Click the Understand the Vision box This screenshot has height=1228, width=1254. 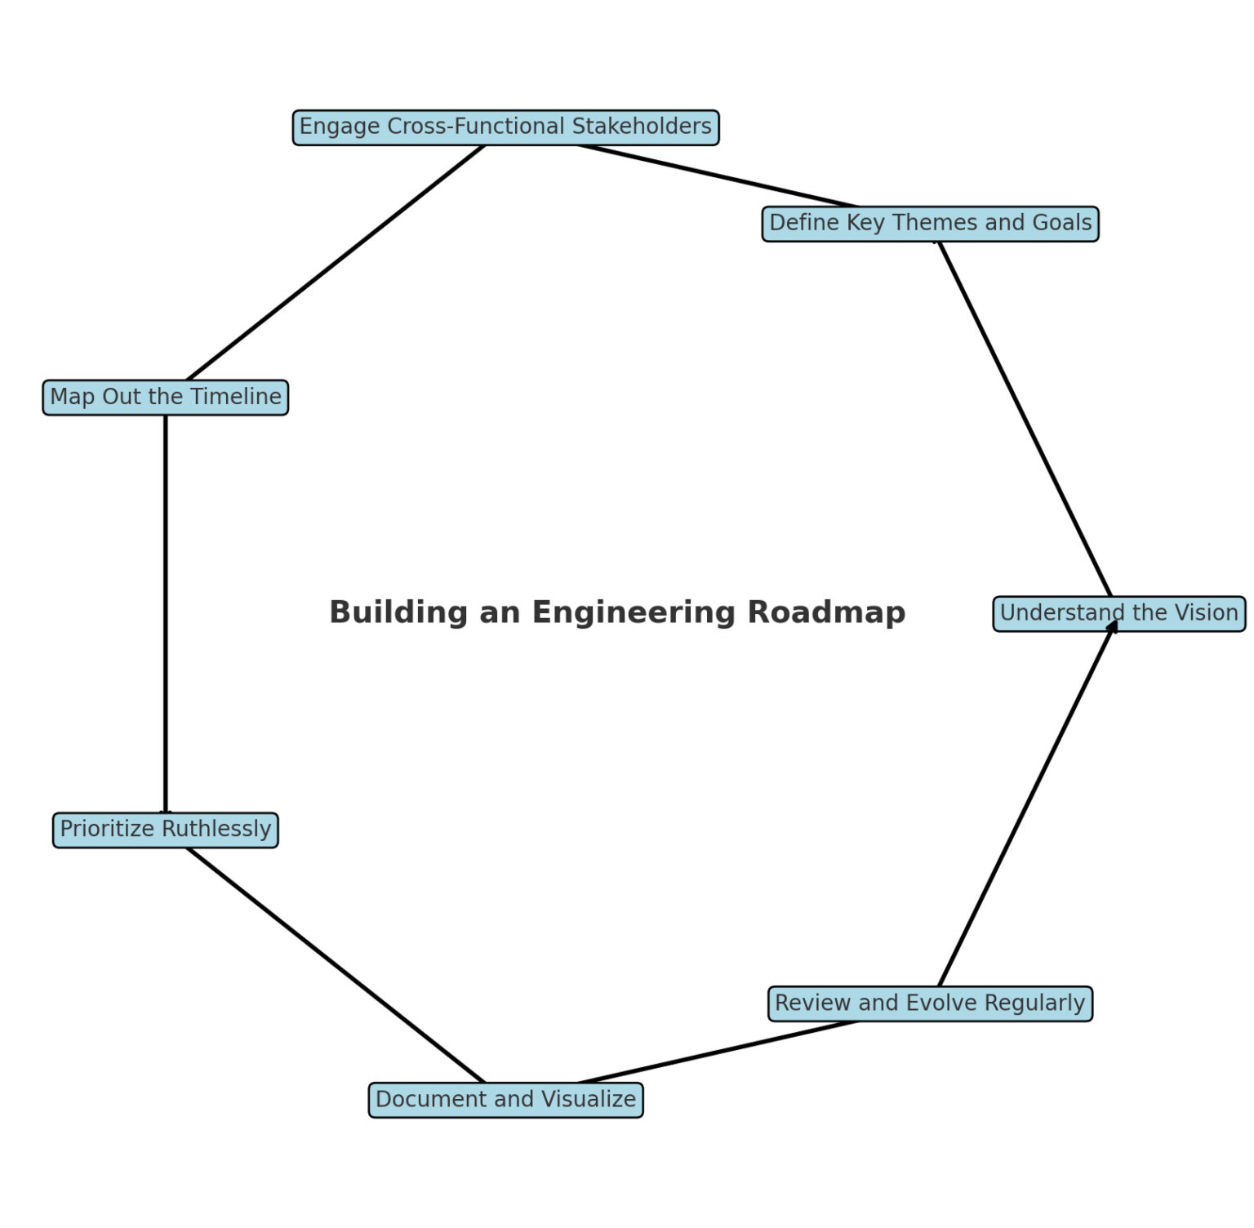pyautogui.click(x=1118, y=613)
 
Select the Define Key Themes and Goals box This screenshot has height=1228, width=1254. pyautogui.click(x=930, y=223)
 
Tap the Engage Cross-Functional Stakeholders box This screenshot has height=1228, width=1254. pyautogui.click(x=505, y=127)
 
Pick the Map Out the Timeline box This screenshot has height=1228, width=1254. pyautogui.click(x=166, y=397)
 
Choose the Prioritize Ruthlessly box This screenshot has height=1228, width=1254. pyautogui.click(x=166, y=830)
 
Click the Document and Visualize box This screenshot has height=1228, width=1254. pyautogui.click(x=505, y=1100)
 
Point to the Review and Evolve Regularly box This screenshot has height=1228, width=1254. pyautogui.click(x=930, y=1003)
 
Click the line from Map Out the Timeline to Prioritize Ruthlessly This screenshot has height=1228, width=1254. pyautogui.click(x=166, y=612)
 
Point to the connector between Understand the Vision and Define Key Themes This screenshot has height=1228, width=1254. pyautogui.click(x=1025, y=418)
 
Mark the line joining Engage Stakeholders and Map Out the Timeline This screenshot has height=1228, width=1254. pyautogui.click(x=336, y=262)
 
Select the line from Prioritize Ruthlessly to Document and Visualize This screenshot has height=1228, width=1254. pyautogui.click(x=336, y=965)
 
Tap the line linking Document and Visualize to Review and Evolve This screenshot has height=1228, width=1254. pyautogui.click(x=718, y=1052)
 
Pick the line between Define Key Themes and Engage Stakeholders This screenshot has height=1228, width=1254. pyautogui.click(x=718, y=176)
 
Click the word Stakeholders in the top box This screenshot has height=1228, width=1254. pyautogui.click(x=642, y=127)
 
